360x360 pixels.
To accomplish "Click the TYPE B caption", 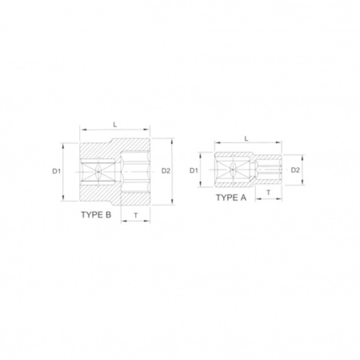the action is [96, 214].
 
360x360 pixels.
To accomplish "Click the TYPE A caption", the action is [231, 198].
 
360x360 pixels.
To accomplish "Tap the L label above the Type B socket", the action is [115, 124].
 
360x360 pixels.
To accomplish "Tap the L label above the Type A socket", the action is [246, 138].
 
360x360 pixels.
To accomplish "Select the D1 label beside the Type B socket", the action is [56, 171].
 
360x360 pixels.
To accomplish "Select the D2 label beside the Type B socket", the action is [166, 171].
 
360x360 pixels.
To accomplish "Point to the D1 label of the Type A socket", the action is [194, 170].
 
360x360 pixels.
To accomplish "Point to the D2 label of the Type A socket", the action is [295, 170].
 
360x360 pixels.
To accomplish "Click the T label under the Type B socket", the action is [136, 215].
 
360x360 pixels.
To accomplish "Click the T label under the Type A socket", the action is [269, 192].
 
